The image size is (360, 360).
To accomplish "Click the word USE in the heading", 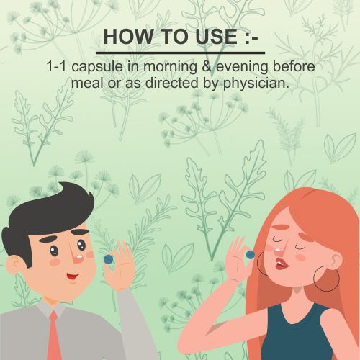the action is pyautogui.click(x=216, y=37).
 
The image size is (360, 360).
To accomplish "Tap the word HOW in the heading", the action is pyautogui.click(x=128, y=37).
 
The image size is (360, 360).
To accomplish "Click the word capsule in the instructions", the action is pyautogui.click(x=97, y=68).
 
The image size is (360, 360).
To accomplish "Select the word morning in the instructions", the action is pyautogui.click(x=170, y=68).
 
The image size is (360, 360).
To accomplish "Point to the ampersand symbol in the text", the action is pyautogui.click(x=207, y=66).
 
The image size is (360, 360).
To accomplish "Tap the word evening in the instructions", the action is pyautogui.click(x=242, y=68).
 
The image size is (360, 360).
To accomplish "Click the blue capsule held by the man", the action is pyautogui.click(x=108, y=259).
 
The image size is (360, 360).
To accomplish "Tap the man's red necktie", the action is pyautogui.click(x=54, y=336).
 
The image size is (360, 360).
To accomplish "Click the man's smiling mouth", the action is pyautogui.click(x=72, y=276).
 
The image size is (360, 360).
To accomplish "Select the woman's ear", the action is pyautogui.click(x=337, y=261).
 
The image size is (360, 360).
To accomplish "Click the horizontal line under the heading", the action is pyautogui.click(x=180, y=53).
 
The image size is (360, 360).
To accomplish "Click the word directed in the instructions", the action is pyautogui.click(x=171, y=83).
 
